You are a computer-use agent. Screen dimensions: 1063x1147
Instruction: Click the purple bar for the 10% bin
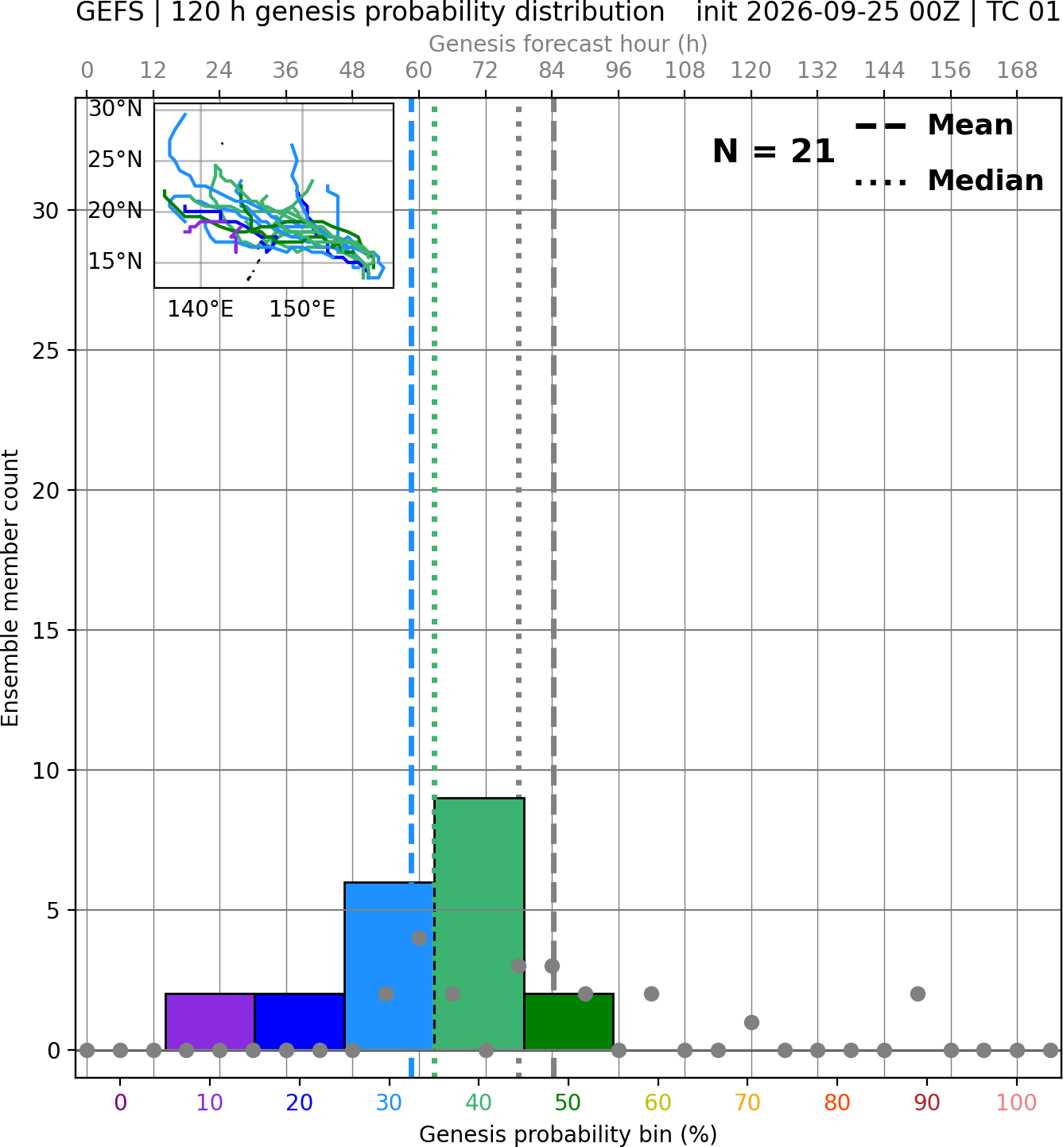pos(210,1021)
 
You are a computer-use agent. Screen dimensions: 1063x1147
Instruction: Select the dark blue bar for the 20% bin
pos(300,1021)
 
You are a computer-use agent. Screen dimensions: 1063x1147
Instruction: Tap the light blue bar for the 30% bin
pos(389,966)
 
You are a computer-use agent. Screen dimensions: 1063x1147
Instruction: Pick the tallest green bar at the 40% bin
pos(479,924)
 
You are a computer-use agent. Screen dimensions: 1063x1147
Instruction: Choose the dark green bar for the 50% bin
pos(568,1021)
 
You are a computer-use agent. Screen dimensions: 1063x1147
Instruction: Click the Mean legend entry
pos(933,126)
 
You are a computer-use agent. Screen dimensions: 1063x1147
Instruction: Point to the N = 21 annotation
pos(774,151)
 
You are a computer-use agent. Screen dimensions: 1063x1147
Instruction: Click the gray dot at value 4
pos(419,938)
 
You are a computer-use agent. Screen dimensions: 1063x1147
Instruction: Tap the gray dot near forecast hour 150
pos(918,994)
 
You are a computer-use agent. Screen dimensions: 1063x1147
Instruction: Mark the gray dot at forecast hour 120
pos(751,1022)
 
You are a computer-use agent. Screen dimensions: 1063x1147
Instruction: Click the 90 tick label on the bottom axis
pos(927,1102)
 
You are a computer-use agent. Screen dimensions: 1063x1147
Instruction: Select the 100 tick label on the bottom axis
pos(1016,1102)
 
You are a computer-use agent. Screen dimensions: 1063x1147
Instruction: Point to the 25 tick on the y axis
pos(45,351)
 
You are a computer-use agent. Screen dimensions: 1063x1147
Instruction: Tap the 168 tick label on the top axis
pos(1017,71)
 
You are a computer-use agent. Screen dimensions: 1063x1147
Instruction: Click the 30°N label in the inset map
pos(115,109)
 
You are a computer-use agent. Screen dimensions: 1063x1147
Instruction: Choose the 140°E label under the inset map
pos(200,309)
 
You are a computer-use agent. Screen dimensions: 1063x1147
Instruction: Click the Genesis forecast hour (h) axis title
pos(568,44)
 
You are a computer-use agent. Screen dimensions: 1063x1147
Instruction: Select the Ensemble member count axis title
pos(10,588)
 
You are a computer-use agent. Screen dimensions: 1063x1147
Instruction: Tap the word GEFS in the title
pos(110,12)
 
